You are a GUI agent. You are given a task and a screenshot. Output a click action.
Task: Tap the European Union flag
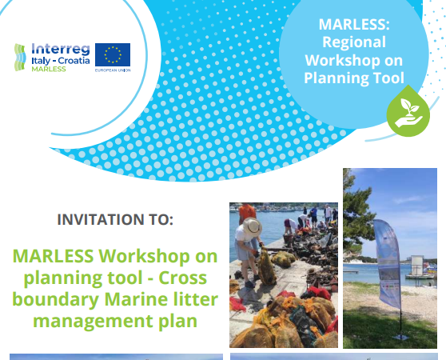click(113, 55)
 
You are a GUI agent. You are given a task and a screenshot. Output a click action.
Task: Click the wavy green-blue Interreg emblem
click(21, 57)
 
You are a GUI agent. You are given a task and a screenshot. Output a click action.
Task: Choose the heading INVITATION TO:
click(114, 219)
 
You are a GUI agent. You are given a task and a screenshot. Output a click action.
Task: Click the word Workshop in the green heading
click(163, 257)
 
